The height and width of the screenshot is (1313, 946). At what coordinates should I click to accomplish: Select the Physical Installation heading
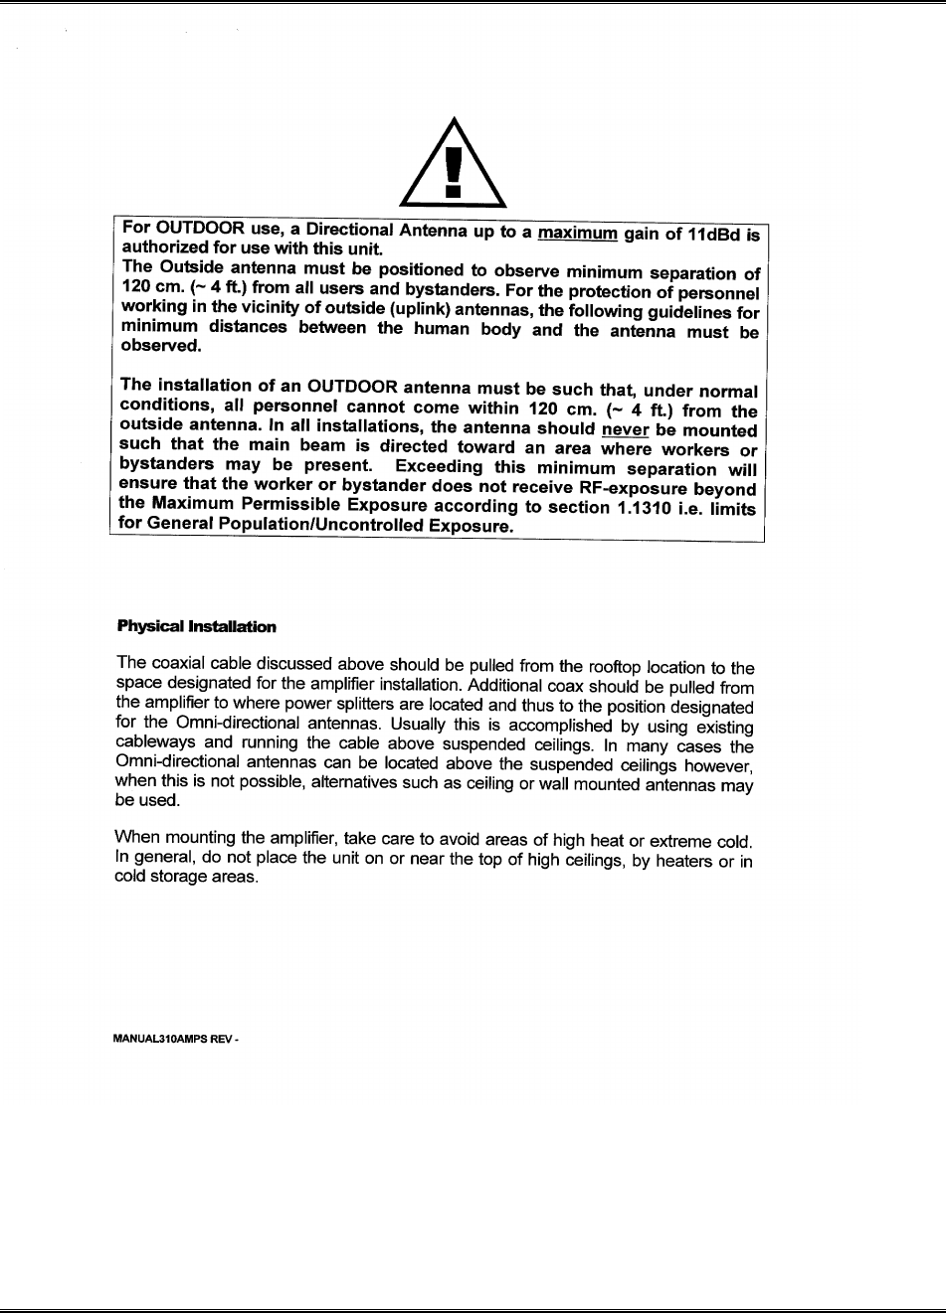197,627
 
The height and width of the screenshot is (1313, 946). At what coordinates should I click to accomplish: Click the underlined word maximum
578,235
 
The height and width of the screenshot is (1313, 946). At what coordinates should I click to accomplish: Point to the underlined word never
625,430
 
